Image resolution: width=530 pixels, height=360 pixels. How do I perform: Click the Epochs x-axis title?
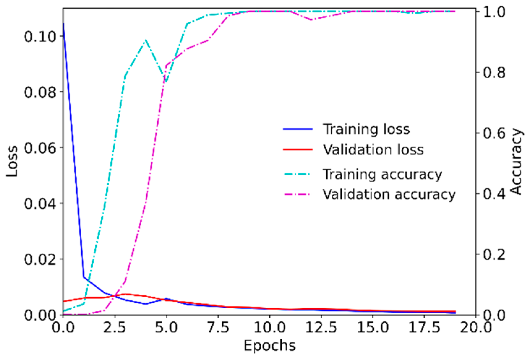[269, 345]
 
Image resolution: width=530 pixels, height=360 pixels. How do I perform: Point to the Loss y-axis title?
[12, 161]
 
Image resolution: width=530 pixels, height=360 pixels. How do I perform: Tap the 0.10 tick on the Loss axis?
[40, 36]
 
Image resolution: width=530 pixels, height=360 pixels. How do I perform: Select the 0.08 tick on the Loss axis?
[40, 92]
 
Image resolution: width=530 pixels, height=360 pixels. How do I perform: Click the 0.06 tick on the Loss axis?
[40, 148]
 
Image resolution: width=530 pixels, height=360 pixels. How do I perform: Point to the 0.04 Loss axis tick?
[40, 204]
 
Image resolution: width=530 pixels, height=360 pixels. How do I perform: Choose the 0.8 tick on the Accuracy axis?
[494, 72]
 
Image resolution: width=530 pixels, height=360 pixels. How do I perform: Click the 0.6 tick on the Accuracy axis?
[494, 133]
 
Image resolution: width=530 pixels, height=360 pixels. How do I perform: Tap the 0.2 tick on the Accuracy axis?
[494, 254]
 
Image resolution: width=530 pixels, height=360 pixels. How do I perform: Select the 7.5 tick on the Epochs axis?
[218, 327]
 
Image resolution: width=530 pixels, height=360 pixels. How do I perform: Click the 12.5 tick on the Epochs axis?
[321, 327]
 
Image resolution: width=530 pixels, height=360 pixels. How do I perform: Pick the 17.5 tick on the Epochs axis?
[424, 327]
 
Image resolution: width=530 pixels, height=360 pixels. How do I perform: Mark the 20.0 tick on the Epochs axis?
[476, 327]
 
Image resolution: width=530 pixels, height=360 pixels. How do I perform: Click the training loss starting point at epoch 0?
[63, 23]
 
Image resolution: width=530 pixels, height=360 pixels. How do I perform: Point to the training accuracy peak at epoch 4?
[145, 40]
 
